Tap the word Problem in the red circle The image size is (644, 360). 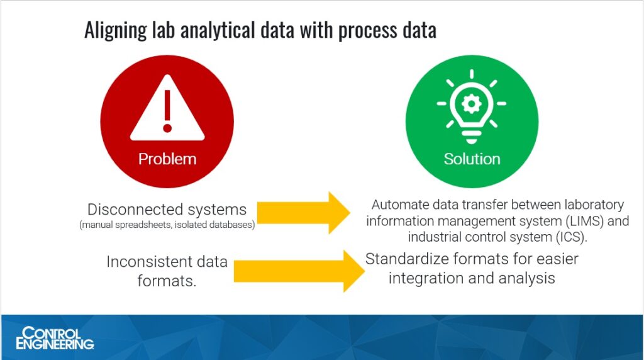[167, 159]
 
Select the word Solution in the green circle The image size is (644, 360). [472, 159]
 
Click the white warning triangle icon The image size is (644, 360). [167, 108]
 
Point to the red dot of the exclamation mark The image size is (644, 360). [167, 128]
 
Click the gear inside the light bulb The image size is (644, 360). [472, 104]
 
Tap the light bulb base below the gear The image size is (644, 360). [472, 137]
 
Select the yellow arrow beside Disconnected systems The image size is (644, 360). [304, 213]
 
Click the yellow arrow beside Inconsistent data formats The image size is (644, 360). [299, 271]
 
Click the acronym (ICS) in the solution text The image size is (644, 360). [570, 237]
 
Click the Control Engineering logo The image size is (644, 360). [55, 338]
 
